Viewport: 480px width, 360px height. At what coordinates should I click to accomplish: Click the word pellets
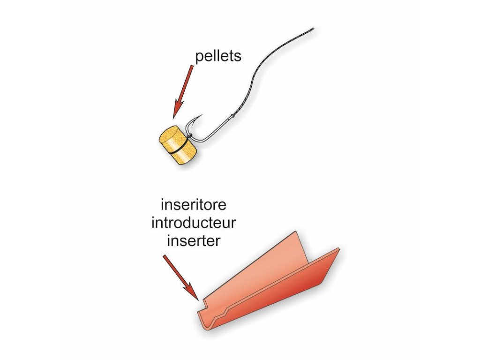[218, 57]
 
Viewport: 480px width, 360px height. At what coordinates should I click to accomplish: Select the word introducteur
[194, 223]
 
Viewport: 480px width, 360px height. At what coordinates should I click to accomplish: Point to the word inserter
[194, 240]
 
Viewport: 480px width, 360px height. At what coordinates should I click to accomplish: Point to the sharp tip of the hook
[202, 114]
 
